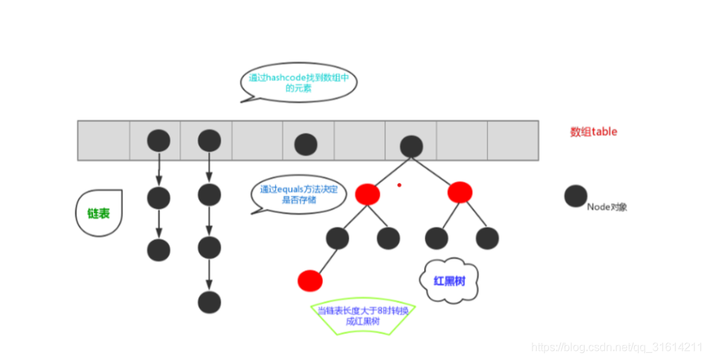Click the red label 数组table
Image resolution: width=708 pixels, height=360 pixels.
coord(593,132)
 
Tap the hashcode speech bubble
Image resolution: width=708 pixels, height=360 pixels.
coord(299,83)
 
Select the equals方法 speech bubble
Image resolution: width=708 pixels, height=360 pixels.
coord(299,194)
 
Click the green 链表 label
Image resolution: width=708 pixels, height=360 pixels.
coord(98,212)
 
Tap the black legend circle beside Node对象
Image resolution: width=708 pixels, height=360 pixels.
coord(576,197)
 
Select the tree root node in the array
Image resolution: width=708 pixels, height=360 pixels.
coord(411,145)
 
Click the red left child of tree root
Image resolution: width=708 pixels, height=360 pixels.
coord(368,194)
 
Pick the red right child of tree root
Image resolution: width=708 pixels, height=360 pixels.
coord(459,192)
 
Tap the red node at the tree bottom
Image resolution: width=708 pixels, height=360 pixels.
coord(310,280)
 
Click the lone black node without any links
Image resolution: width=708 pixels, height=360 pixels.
coord(305,144)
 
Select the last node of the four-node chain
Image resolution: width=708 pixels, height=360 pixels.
coord(209,302)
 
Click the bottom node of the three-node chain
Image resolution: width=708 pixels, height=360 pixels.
coord(159,249)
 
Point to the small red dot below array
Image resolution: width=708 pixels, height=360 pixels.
coord(399,185)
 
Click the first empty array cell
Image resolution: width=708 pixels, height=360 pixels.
coord(104,139)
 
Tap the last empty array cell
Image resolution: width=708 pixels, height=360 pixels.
coord(513,139)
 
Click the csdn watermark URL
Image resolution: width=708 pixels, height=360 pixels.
coord(616,347)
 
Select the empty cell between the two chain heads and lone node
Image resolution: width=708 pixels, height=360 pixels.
coord(257,139)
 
